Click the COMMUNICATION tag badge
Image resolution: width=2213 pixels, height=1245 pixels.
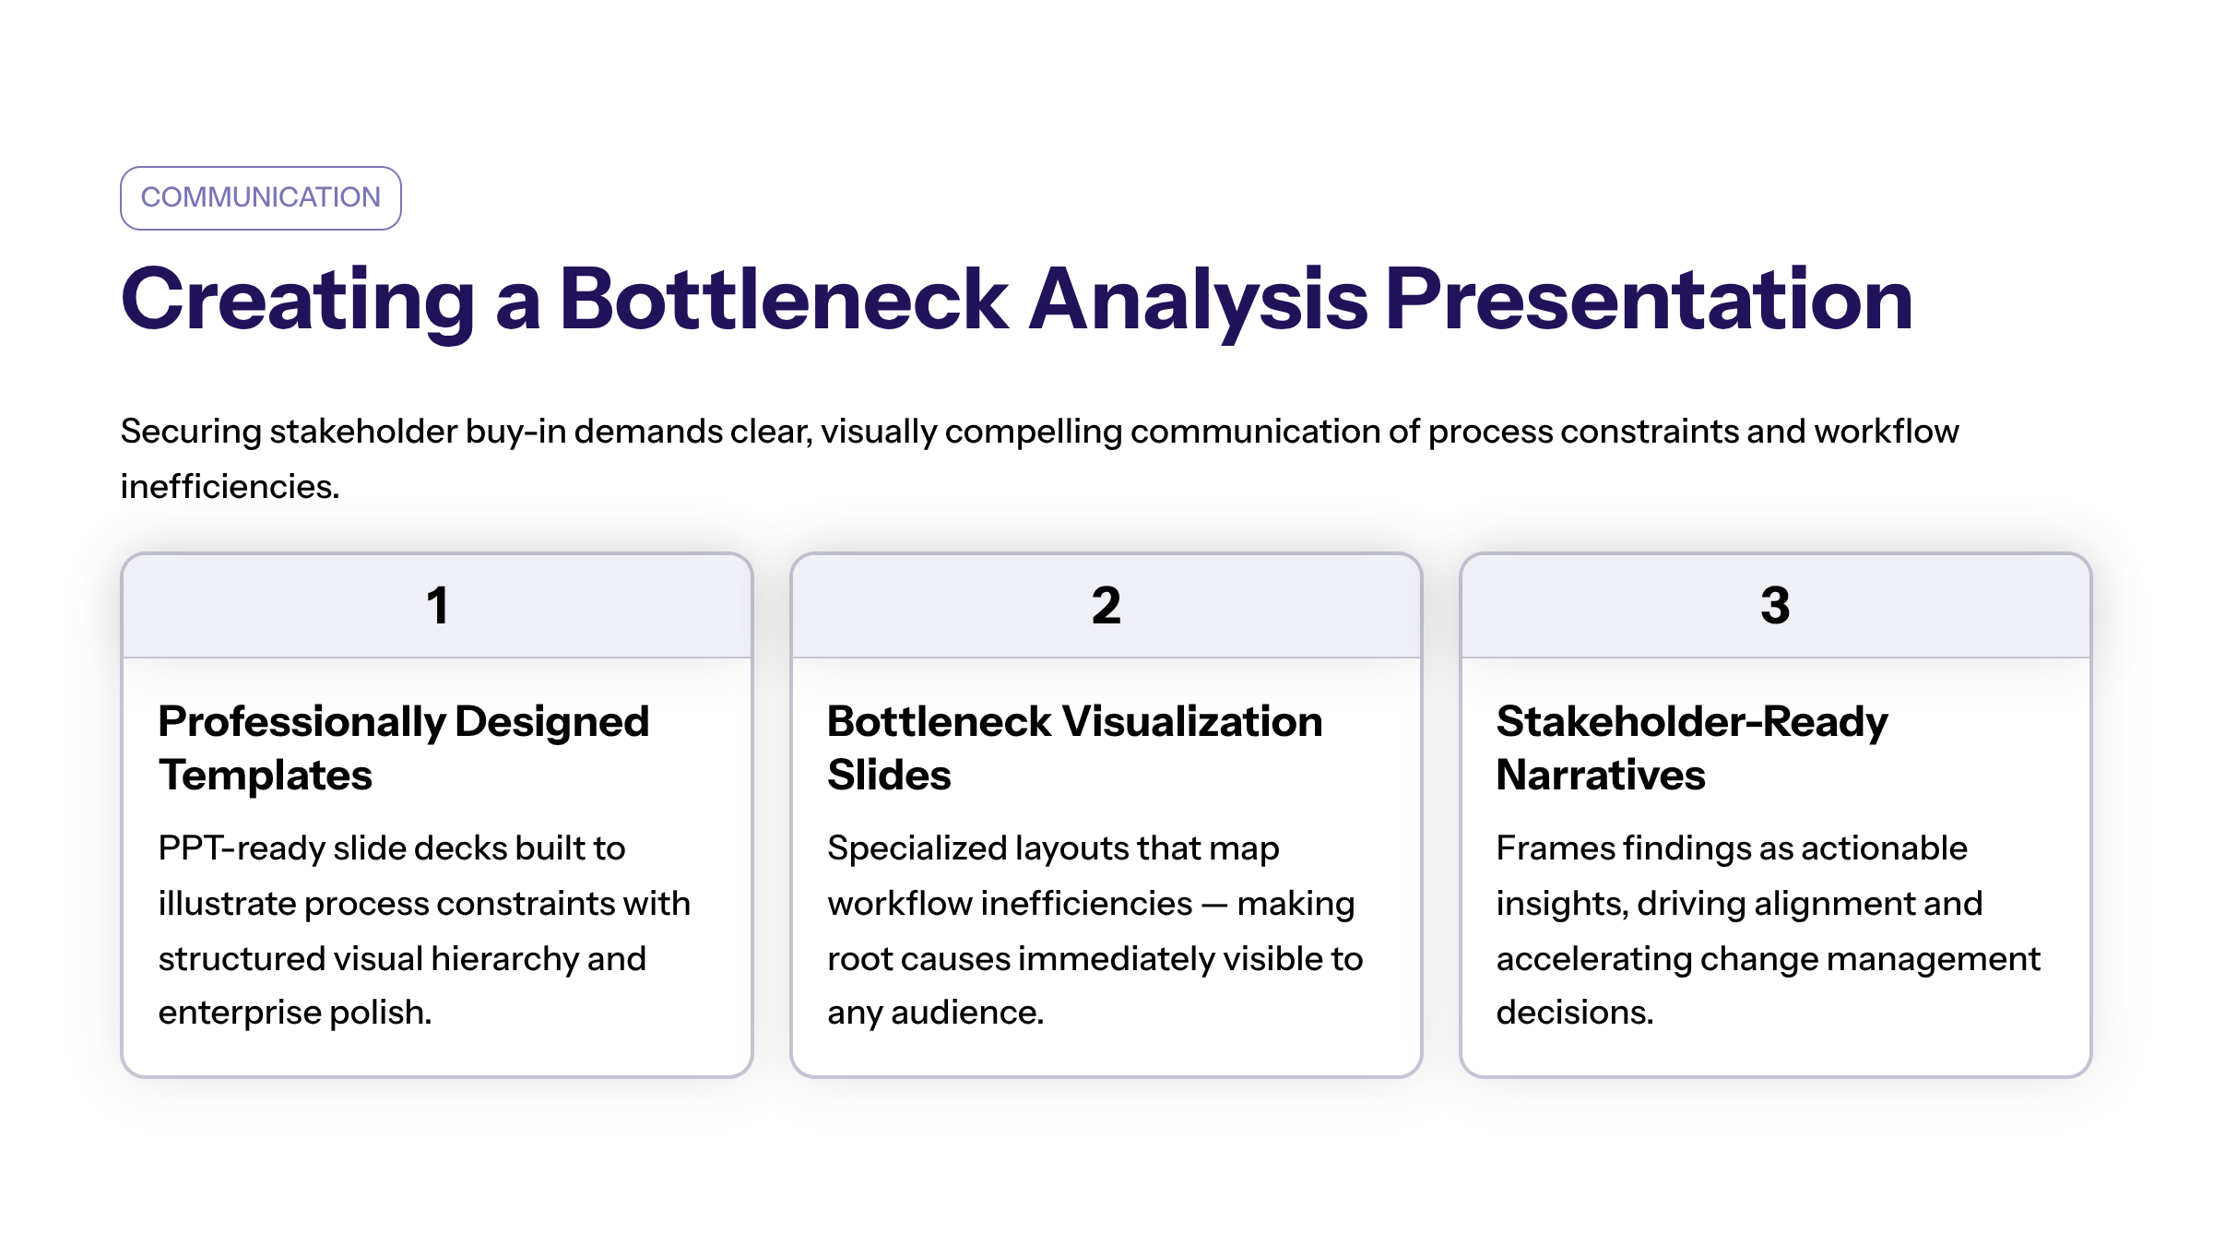point(261,198)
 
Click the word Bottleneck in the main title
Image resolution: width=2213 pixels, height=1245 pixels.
point(784,299)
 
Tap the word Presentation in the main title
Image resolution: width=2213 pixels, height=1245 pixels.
point(1649,299)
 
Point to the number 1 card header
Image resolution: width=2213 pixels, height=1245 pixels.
point(437,606)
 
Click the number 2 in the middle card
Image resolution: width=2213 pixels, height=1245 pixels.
point(1106,606)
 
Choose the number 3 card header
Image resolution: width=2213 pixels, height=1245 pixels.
point(1775,606)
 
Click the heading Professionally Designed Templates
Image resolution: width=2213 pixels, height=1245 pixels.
point(404,748)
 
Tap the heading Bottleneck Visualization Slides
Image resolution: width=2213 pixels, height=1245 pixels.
point(1075,748)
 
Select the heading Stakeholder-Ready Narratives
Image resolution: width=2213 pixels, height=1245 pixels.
point(1692,748)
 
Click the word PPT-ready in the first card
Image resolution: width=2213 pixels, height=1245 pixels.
point(241,848)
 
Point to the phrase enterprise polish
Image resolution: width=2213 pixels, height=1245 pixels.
point(295,1014)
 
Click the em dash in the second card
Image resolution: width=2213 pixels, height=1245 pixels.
point(1215,905)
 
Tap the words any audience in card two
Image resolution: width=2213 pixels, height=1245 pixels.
point(934,1014)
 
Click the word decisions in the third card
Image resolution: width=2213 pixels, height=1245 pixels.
point(1573,1013)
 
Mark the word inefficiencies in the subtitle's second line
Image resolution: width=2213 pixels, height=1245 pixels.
point(229,486)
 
